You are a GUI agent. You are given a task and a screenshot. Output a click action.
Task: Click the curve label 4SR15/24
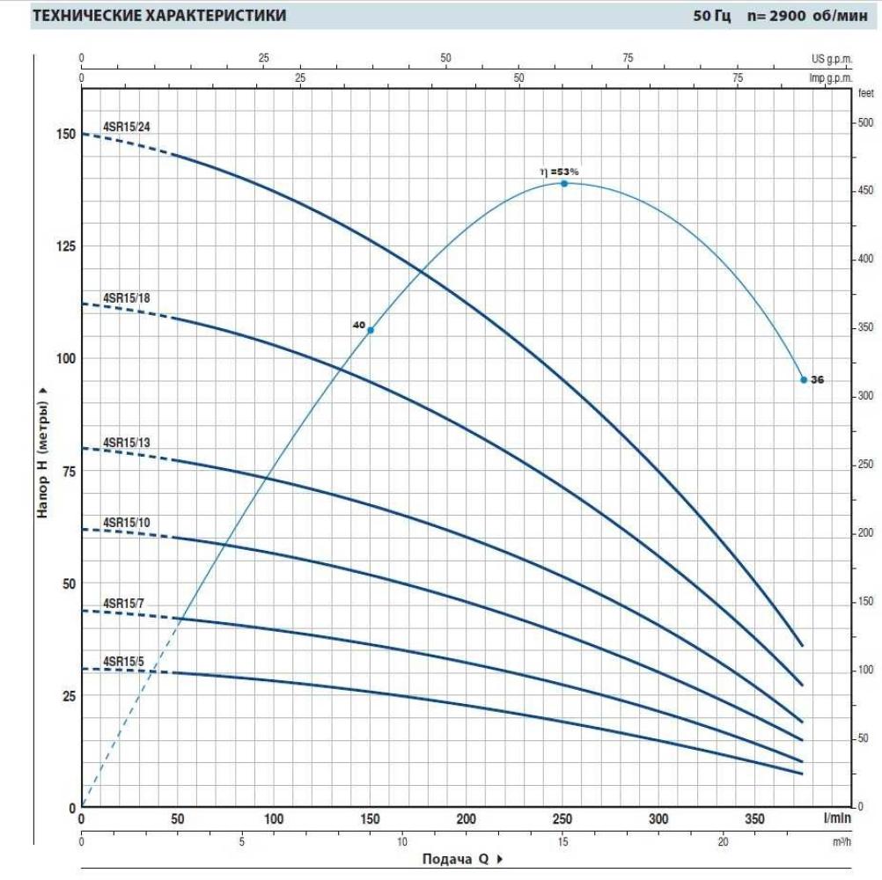[x=127, y=125]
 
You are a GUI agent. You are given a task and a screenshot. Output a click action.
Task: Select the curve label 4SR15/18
[x=127, y=297]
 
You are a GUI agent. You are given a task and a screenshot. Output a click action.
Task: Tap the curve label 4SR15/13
[x=127, y=443]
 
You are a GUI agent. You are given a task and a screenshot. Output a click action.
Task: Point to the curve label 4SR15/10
[x=127, y=522]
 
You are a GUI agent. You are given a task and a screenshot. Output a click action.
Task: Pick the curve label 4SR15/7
[x=124, y=603]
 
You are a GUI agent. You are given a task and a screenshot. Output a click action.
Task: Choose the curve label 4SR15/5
[x=124, y=661]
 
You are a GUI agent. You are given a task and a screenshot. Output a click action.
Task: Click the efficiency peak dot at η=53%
[x=564, y=183]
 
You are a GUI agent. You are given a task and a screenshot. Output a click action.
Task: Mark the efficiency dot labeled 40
[x=371, y=330]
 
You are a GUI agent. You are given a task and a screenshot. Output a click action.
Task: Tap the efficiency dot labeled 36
[x=804, y=379]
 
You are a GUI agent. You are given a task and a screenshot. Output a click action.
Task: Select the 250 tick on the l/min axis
[x=562, y=818]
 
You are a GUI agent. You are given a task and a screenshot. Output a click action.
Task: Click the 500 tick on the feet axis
[x=865, y=123]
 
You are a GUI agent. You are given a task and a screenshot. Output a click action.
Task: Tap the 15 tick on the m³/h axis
[x=562, y=841]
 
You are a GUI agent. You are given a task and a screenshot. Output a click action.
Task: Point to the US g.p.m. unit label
[x=833, y=58]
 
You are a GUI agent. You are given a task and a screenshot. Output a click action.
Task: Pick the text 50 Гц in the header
[x=711, y=16]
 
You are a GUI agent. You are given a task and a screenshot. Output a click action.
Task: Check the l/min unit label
[x=836, y=818]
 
